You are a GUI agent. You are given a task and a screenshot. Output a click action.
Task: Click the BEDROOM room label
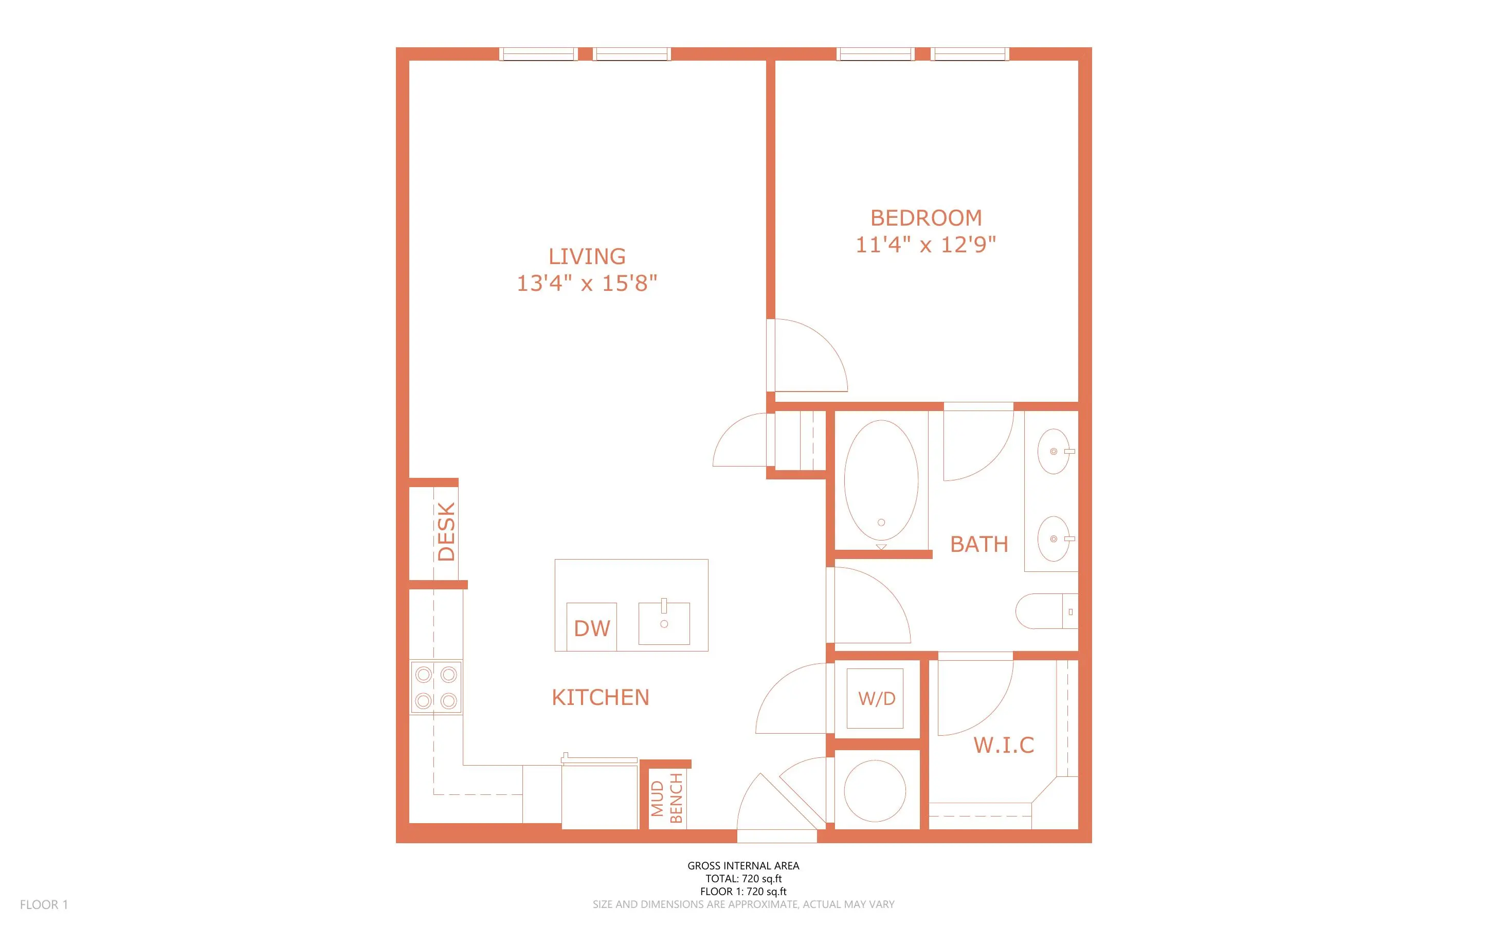pos(926,218)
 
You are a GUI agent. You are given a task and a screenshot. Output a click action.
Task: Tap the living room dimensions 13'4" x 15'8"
pos(587,283)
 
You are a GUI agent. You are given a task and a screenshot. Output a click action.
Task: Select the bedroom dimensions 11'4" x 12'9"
pos(926,245)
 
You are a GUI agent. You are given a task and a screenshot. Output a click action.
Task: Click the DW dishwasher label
pos(592,628)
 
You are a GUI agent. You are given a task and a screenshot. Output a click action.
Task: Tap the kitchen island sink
pos(664,622)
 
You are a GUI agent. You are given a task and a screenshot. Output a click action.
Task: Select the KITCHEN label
pos(601,697)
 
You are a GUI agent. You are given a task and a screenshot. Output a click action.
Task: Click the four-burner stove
pos(437,688)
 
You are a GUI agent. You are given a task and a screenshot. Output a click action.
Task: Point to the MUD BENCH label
pos(667,798)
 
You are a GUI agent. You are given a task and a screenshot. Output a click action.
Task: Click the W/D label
pos(877,699)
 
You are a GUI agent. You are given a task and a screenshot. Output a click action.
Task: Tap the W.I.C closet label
pos(1004,745)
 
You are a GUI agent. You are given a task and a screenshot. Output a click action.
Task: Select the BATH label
pos(979,544)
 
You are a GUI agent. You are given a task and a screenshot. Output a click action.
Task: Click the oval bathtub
pos(881,480)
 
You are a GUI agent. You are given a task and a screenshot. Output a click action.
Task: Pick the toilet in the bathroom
pos(1046,611)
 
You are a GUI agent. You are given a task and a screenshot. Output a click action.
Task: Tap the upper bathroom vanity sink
pos(1054,452)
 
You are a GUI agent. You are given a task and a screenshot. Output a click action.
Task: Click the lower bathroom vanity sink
pos(1054,539)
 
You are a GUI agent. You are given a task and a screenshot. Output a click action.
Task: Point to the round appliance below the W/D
pos(875,791)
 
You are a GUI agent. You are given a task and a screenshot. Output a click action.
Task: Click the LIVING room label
pos(587,256)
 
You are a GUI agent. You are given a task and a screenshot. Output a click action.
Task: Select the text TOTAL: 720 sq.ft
pos(743,879)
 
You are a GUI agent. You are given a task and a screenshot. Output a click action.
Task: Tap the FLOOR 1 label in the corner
pos(44,904)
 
